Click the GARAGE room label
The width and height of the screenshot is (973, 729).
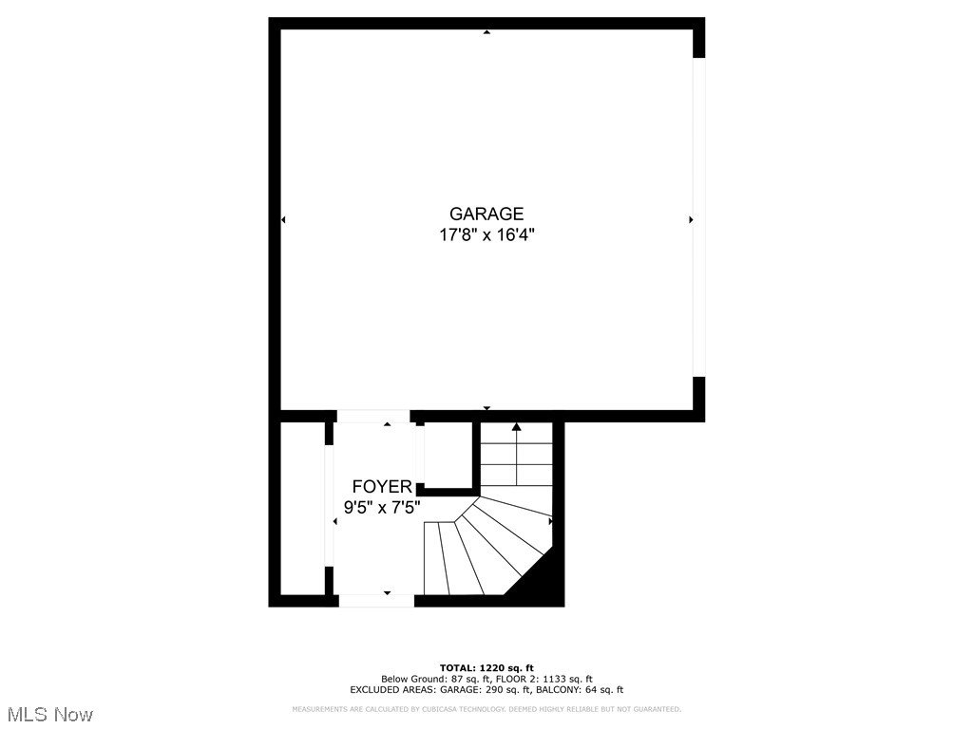click(x=486, y=214)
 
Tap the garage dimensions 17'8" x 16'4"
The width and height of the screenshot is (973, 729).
click(x=486, y=235)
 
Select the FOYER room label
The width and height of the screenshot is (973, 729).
click(x=382, y=487)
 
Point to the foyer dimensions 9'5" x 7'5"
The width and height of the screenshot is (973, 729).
click(x=382, y=508)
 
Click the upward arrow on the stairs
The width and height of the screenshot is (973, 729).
click(x=517, y=429)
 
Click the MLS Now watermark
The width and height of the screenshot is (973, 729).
click(x=48, y=714)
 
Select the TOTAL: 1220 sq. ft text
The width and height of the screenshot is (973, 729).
click(x=486, y=667)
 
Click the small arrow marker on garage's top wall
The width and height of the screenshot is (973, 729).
click(x=486, y=32)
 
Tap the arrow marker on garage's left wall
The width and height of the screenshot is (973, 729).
click(x=283, y=220)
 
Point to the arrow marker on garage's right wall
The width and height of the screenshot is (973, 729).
click(x=691, y=220)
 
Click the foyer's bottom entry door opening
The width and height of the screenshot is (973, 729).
click(x=376, y=600)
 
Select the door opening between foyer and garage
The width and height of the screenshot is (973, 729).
click(x=372, y=416)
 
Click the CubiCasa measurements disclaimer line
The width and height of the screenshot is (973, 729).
click(x=486, y=709)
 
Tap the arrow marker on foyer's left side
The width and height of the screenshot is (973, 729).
click(x=334, y=522)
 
